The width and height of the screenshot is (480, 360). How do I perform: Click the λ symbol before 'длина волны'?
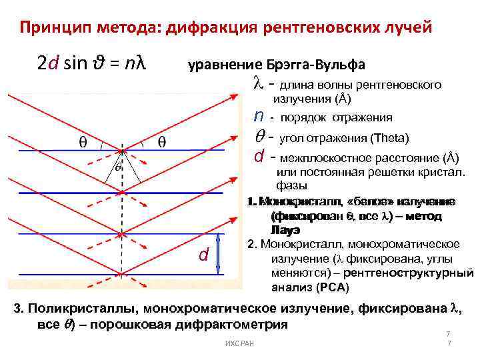pos(259,85)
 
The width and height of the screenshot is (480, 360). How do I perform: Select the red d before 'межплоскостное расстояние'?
pos(259,157)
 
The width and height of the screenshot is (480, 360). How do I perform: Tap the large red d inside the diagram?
pos(204,255)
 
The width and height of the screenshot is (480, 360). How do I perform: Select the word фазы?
pos(291,185)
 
